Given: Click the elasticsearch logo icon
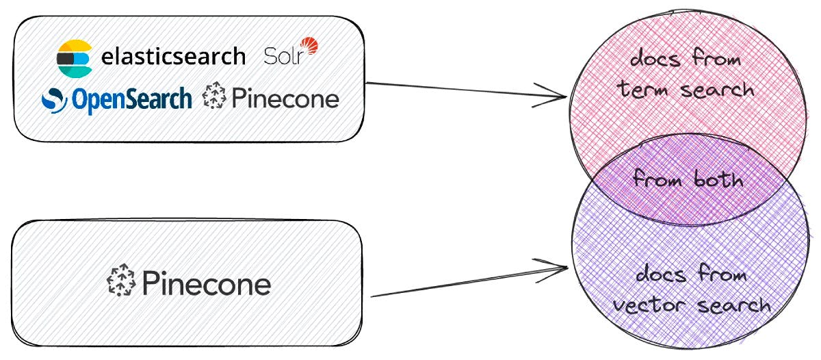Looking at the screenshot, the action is (x=75, y=59).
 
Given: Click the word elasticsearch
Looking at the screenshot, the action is (x=173, y=57).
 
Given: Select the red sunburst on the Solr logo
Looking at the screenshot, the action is (x=309, y=45).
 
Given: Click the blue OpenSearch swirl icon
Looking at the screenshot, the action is (x=54, y=100).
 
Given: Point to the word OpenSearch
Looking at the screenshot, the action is (x=132, y=100).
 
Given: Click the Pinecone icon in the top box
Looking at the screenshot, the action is (x=214, y=95).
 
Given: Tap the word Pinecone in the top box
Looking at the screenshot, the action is (x=285, y=99).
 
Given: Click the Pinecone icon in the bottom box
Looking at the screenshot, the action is (x=121, y=280).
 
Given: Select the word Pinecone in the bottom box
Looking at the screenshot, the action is (x=207, y=283).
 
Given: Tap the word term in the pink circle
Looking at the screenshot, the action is (x=642, y=90).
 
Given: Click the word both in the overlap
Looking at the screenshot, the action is (x=718, y=179).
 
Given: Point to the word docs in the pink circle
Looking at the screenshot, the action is (x=655, y=59).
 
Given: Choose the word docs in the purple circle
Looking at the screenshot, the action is (x=661, y=274).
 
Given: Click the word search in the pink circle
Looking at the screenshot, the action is (x=717, y=90).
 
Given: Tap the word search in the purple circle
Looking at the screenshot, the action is (x=733, y=305).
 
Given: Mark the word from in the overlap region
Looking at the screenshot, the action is (x=658, y=179).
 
